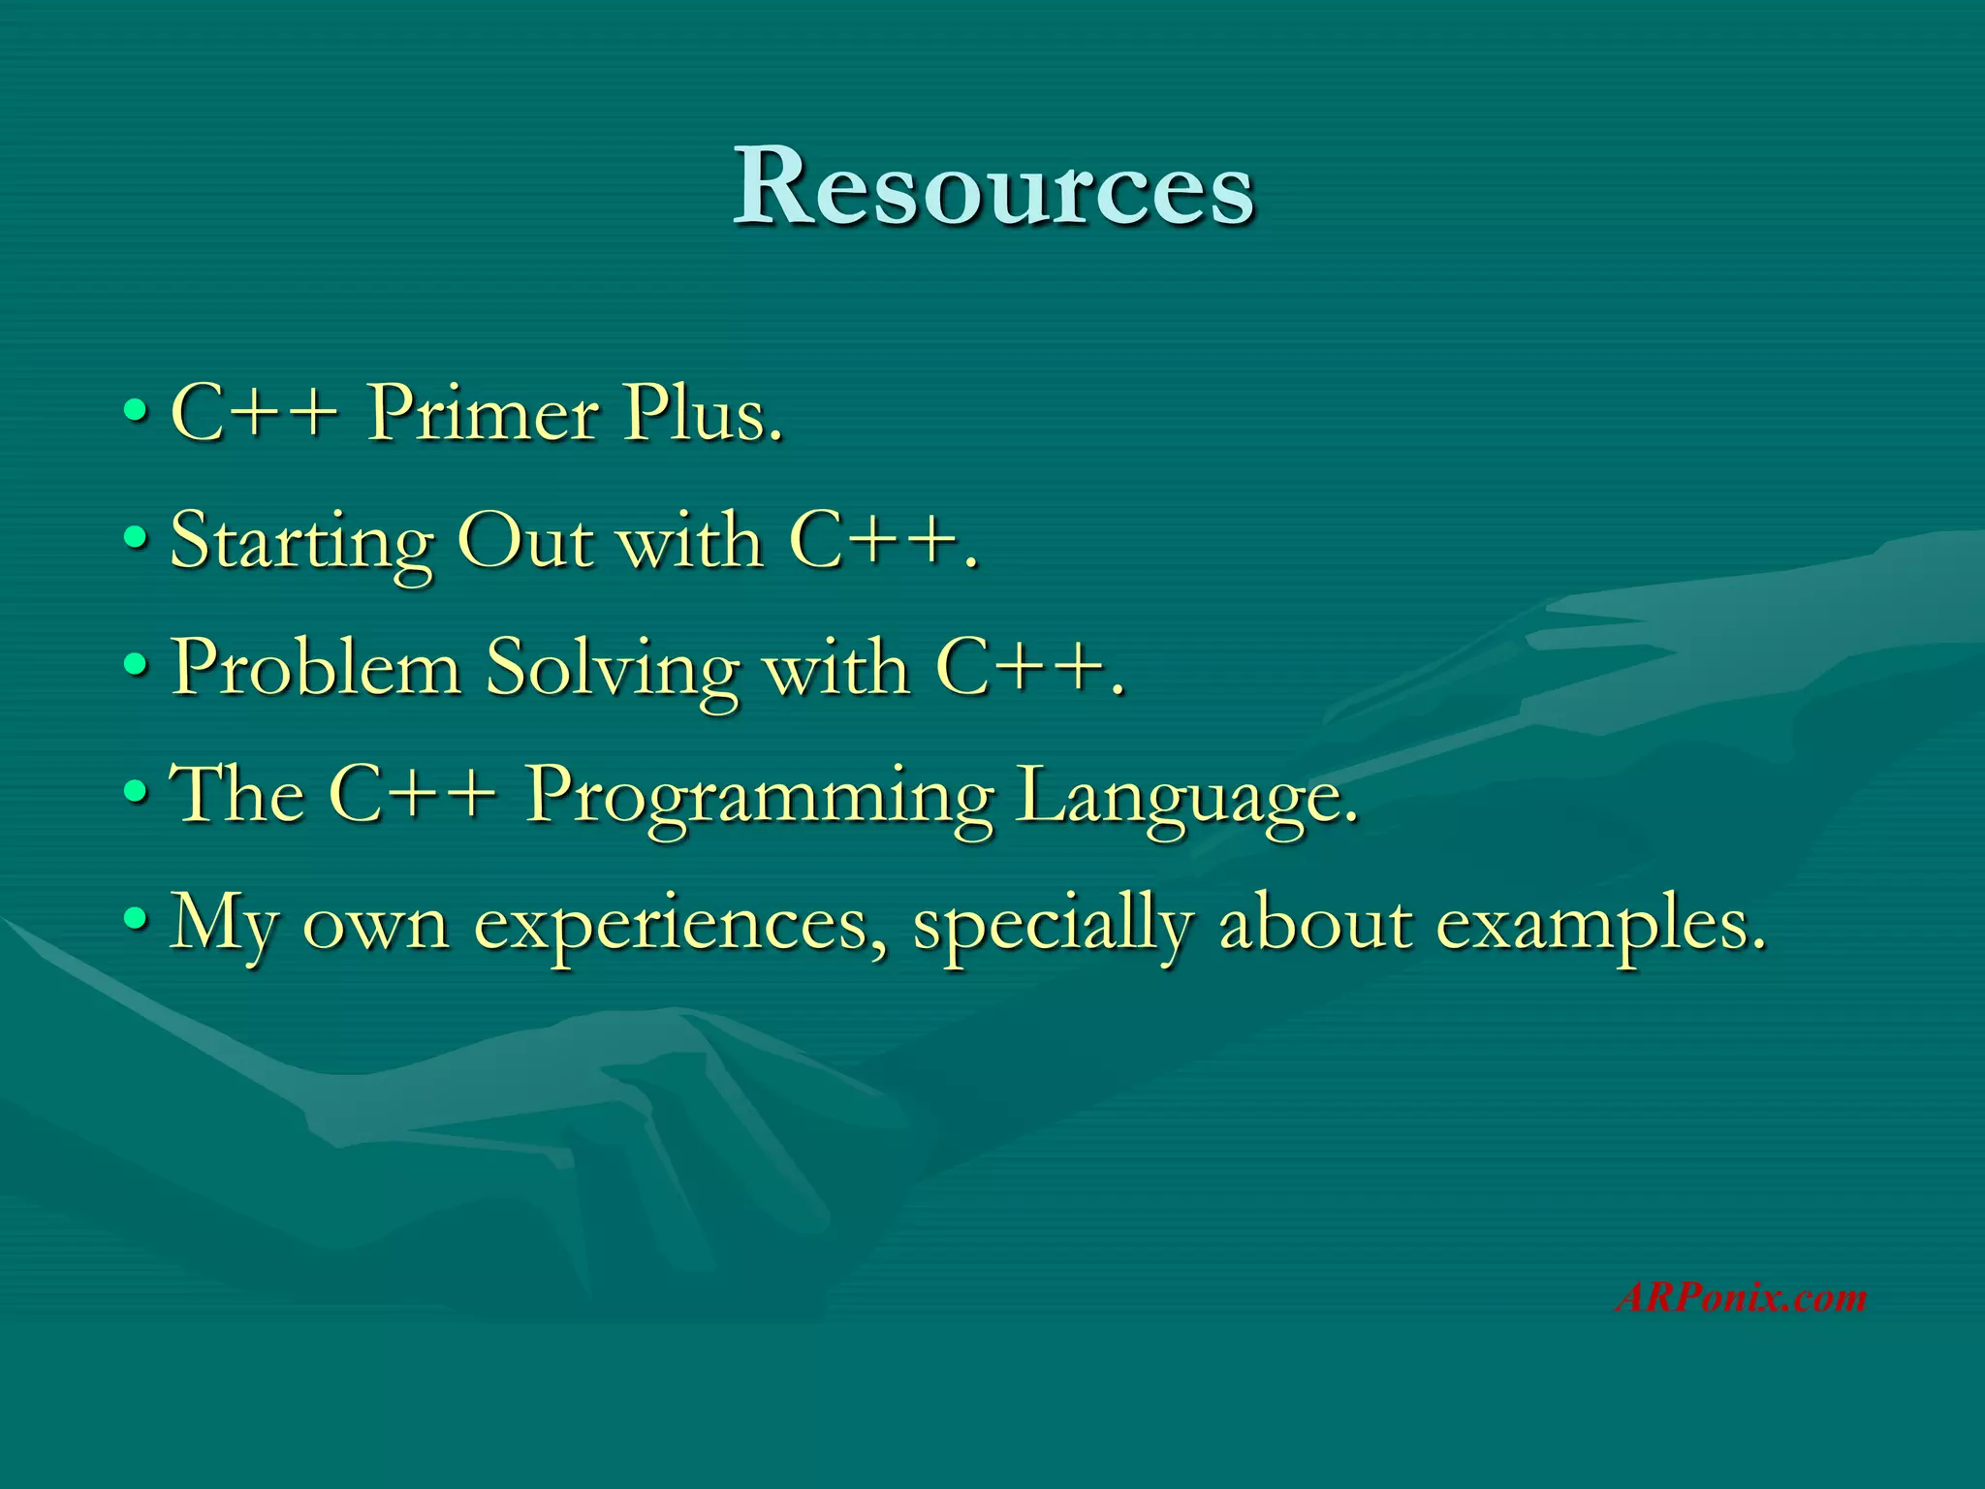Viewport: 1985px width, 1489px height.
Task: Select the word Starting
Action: pos(300,543)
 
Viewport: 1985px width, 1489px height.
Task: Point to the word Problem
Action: pos(316,668)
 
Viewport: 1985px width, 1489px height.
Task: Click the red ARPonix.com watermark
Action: pos(1741,1297)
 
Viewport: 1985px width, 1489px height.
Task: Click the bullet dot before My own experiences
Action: pos(137,918)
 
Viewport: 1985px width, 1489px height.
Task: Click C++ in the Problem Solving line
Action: pos(1027,668)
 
